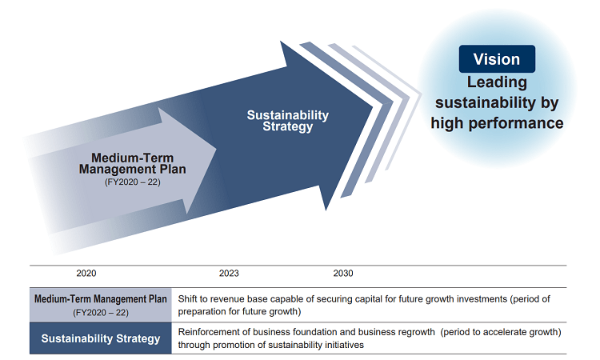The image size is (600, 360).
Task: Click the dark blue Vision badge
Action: click(497, 59)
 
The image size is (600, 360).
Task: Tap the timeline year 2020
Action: click(86, 273)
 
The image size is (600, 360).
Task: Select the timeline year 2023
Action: click(229, 273)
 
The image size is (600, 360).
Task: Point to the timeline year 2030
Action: click(343, 273)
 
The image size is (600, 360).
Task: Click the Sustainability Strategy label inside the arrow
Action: click(288, 121)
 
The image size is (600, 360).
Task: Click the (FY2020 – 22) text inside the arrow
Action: click(132, 182)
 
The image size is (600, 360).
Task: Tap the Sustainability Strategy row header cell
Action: click(101, 338)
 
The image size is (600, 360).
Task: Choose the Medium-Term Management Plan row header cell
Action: click(101, 305)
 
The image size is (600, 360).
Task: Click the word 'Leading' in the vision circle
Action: click(497, 82)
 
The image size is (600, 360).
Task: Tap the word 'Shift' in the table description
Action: click(186, 298)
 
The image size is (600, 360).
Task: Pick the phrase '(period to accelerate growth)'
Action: click(501, 332)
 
